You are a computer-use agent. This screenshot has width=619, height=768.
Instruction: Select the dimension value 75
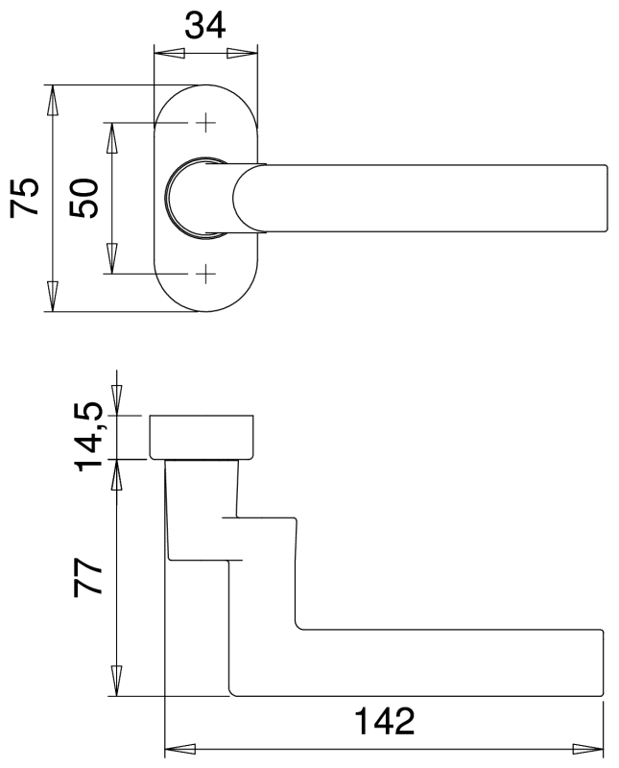coord(26,198)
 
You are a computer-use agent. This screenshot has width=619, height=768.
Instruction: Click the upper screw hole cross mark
coord(204,123)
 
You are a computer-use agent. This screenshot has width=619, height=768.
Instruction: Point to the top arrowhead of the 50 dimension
coord(112,136)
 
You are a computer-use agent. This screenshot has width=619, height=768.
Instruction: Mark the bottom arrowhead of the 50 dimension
coord(112,260)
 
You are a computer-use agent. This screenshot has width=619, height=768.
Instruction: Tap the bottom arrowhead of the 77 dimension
coord(117,683)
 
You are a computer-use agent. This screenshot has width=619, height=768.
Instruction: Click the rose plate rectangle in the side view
coord(202,438)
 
